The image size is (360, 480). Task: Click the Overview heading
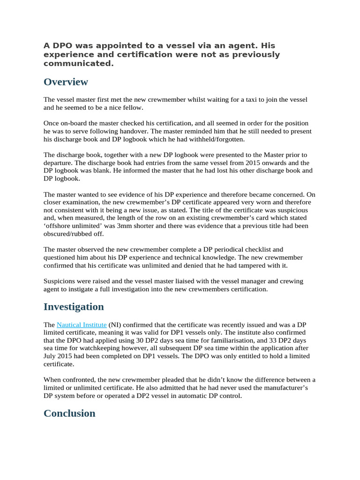66,82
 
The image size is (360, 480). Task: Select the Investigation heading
74,307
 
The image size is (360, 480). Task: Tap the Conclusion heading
69,413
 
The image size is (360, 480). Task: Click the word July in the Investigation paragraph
52,356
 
